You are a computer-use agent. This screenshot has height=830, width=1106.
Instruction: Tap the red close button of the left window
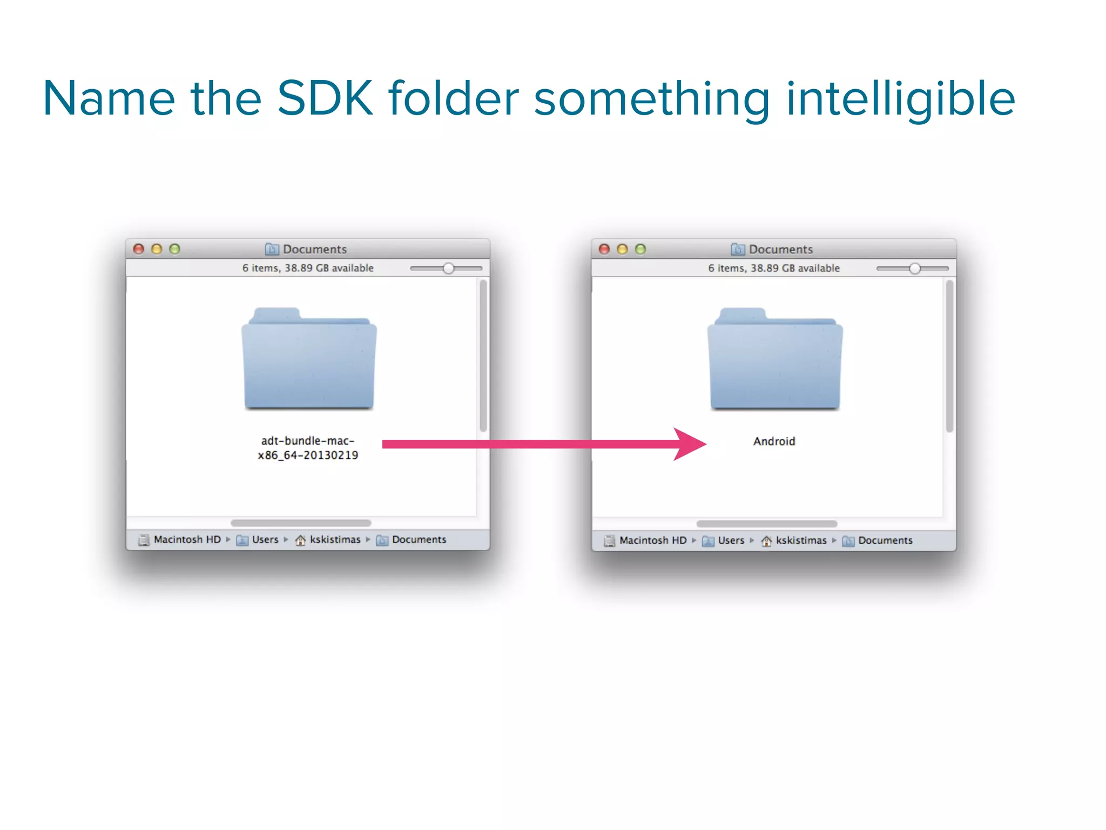pos(139,249)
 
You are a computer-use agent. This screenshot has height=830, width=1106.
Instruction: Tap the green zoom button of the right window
pos(640,249)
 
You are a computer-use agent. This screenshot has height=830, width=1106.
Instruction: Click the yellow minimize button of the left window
pos(157,249)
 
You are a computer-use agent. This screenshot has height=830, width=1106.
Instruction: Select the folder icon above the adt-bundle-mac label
pos(309,359)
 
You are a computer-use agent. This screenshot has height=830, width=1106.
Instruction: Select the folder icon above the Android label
pos(775,359)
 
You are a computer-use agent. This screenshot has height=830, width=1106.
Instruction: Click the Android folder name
pos(774,441)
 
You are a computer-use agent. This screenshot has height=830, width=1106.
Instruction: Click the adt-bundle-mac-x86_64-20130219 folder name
pos(308,448)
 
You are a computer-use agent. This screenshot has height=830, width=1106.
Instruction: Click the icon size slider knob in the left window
pos(448,269)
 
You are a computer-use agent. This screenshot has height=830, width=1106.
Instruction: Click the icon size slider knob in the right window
pos(914,269)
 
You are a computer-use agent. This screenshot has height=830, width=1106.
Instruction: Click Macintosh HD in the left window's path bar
pos(187,540)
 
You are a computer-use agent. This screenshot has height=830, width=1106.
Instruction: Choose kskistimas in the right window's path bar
pos(801,540)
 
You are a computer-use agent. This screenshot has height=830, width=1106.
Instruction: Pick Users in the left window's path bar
pos(265,540)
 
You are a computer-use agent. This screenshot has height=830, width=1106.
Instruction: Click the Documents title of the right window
pos(780,249)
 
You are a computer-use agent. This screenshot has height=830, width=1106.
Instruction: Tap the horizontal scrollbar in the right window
pos(767,524)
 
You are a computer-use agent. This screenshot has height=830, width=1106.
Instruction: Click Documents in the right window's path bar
pos(885,540)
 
